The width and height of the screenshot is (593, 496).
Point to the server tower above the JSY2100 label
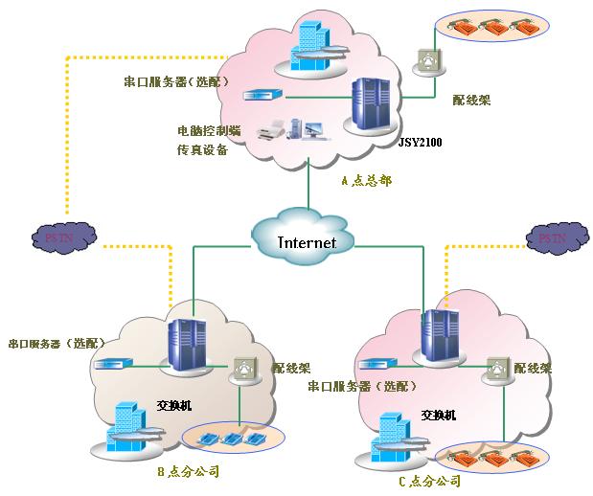pyautogui.click(x=371, y=105)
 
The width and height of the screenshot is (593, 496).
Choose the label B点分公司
pyautogui.click(x=189, y=471)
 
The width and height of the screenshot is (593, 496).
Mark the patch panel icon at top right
pyautogui.click(x=428, y=60)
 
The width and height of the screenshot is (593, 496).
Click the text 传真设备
pyautogui.click(x=203, y=149)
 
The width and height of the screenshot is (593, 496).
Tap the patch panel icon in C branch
pyautogui.click(x=496, y=370)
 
